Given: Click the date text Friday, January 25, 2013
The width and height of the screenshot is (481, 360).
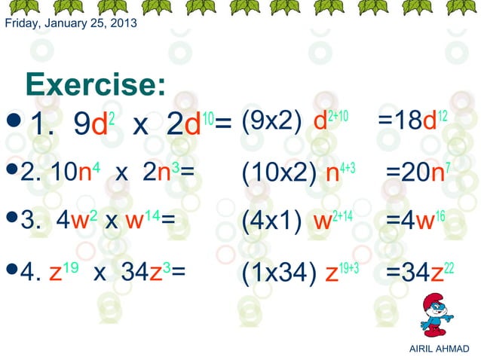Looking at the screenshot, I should point(71,23).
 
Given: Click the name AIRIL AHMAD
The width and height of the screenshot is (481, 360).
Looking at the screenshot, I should point(437,348).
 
